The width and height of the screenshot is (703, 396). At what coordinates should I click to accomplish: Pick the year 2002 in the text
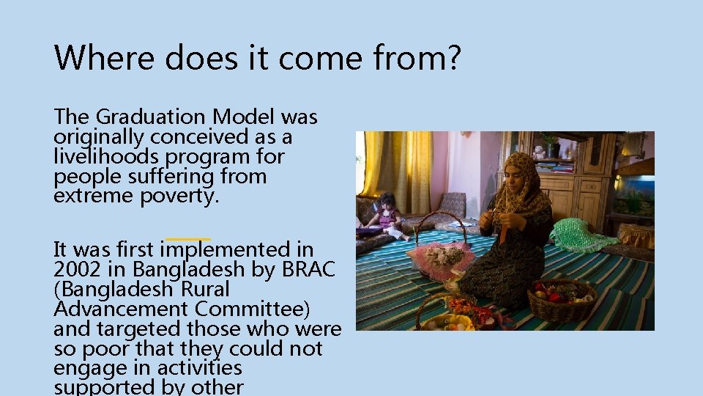tap(74, 269)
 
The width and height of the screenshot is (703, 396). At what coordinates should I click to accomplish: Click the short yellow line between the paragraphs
tap(188, 239)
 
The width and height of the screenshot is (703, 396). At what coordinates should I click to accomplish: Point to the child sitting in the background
tap(386, 216)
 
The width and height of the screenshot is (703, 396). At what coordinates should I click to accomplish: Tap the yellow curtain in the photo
tap(399, 169)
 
